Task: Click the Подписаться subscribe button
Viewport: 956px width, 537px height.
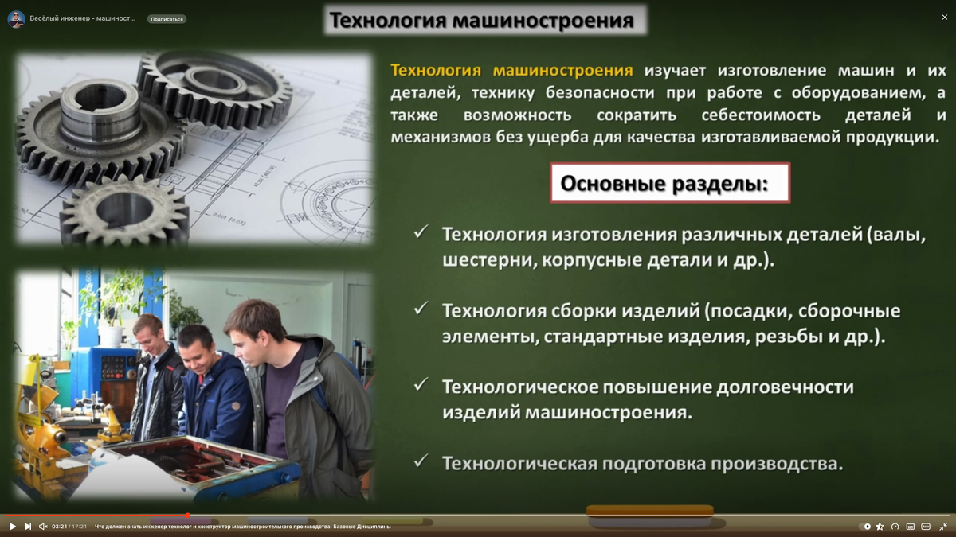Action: pyautogui.click(x=167, y=18)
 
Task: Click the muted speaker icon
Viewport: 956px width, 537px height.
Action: pyautogui.click(x=43, y=527)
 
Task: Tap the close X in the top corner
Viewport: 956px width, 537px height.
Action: pyautogui.click(x=945, y=17)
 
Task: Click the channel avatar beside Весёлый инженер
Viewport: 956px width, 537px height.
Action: pyautogui.click(x=16, y=18)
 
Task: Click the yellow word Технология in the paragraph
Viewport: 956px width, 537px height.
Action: pyautogui.click(x=437, y=71)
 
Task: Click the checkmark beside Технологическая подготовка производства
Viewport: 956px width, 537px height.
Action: pyautogui.click(x=421, y=461)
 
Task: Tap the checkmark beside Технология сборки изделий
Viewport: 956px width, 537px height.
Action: pyautogui.click(x=421, y=309)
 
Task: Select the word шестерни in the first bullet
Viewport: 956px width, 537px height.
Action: pyautogui.click(x=488, y=261)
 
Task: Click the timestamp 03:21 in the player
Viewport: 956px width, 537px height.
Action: pyautogui.click(x=59, y=527)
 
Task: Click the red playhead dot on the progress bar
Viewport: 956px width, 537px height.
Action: pyautogui.click(x=188, y=516)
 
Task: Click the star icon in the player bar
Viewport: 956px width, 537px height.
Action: pyautogui.click(x=880, y=527)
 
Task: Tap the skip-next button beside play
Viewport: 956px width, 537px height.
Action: pyautogui.click(x=28, y=527)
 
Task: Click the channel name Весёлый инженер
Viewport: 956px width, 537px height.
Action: pyautogui.click(x=82, y=18)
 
